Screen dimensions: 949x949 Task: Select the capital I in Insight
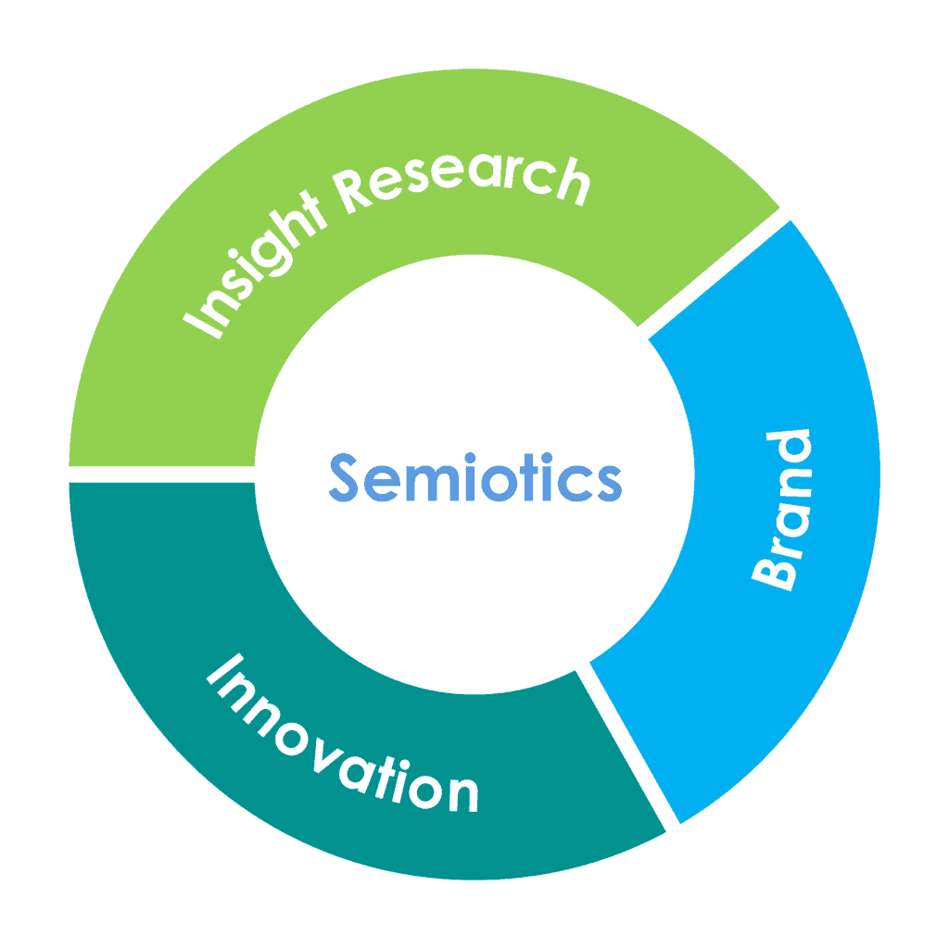pyautogui.click(x=199, y=325)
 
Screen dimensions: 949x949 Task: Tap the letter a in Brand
pyautogui.click(x=784, y=512)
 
